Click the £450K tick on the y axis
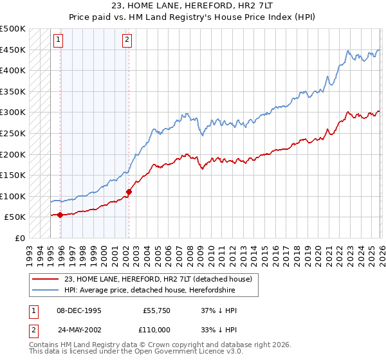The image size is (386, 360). coord(13,50)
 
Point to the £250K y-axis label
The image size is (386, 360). coord(13,133)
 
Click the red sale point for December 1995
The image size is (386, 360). coord(60,215)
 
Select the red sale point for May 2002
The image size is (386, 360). coord(129,192)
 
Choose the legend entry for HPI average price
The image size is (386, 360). coord(149,291)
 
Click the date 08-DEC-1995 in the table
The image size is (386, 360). coord(78,310)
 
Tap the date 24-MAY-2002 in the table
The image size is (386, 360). coord(78,328)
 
